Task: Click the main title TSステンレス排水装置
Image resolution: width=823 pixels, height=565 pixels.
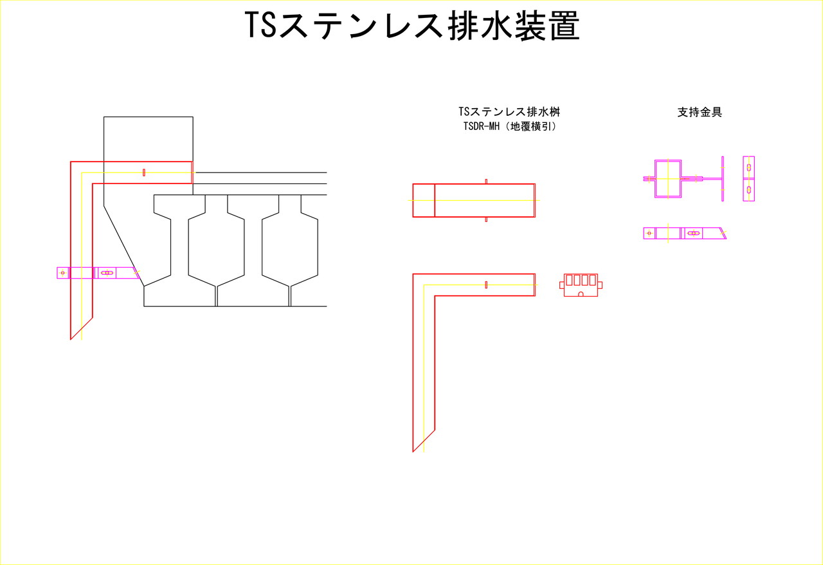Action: click(x=412, y=25)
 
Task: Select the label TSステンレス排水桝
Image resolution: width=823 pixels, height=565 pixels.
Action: click(x=509, y=111)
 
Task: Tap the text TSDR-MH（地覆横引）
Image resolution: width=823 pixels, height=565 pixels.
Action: click(x=510, y=127)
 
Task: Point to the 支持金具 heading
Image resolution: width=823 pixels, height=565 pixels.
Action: click(x=700, y=112)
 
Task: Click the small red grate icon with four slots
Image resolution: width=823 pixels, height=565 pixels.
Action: click(x=581, y=285)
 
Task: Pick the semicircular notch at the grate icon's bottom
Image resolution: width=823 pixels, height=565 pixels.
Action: click(x=581, y=294)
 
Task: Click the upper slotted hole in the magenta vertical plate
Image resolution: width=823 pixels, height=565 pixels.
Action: click(x=749, y=168)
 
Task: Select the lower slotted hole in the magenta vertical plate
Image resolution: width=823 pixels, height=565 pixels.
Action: click(x=749, y=190)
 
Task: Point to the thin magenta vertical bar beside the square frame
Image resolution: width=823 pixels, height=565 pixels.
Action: click(x=723, y=179)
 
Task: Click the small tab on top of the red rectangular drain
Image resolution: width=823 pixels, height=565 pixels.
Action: click(x=486, y=181)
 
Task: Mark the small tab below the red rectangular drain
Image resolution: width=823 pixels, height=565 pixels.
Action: click(x=486, y=219)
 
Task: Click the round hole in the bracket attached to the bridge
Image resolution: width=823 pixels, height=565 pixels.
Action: click(x=62, y=273)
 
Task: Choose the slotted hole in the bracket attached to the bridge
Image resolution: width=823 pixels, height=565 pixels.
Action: click(x=107, y=273)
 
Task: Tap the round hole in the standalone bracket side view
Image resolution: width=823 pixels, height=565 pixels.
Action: click(x=649, y=233)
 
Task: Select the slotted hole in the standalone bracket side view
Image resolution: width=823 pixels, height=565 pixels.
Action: click(x=694, y=233)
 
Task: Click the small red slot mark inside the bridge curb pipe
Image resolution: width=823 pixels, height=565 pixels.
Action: click(x=144, y=172)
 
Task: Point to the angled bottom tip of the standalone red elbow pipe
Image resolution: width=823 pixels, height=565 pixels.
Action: click(x=413, y=452)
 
